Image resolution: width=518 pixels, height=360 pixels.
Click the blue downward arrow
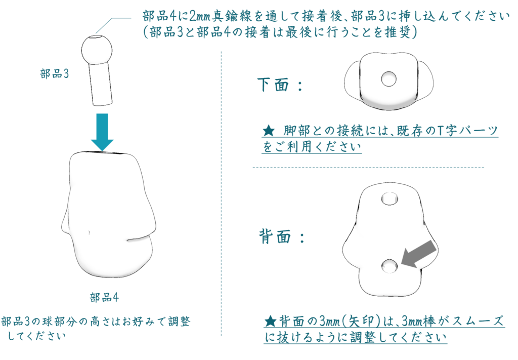[x=102, y=132]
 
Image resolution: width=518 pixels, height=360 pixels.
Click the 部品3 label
[x=55, y=74]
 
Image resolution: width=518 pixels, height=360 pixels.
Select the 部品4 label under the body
[x=104, y=298]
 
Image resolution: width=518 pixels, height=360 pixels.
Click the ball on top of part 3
[x=97, y=50]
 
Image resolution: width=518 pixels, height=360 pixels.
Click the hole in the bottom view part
[x=388, y=79]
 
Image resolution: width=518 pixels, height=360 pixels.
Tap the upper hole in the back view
[x=390, y=199]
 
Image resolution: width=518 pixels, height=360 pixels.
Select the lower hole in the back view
[x=390, y=266]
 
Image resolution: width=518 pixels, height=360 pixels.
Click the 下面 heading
[x=273, y=85]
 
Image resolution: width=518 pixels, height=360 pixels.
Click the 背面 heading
[x=275, y=236]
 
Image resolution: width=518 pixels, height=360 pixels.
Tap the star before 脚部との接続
[x=269, y=131]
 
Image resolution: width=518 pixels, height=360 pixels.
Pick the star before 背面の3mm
[x=271, y=321]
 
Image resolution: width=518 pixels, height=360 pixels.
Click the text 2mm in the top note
[x=200, y=16]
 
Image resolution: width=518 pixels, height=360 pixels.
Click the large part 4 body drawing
[x=109, y=214]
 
